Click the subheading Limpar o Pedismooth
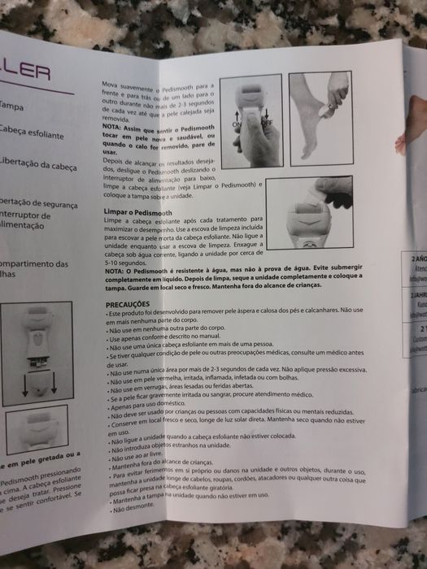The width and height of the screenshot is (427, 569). click(x=142, y=212)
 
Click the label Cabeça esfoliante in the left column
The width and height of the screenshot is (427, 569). click(x=31, y=134)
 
